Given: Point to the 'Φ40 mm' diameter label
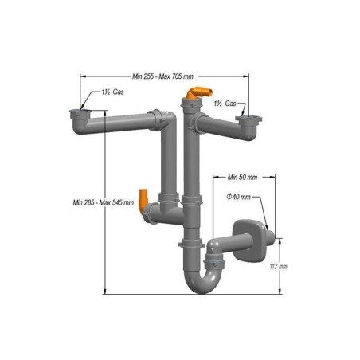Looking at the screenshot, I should point(238,196).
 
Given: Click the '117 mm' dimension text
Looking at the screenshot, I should point(278,265).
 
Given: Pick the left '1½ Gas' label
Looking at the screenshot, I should point(112,93).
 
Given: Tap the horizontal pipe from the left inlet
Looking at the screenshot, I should point(123,121).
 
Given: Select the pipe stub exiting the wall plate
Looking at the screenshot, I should point(270,237).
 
